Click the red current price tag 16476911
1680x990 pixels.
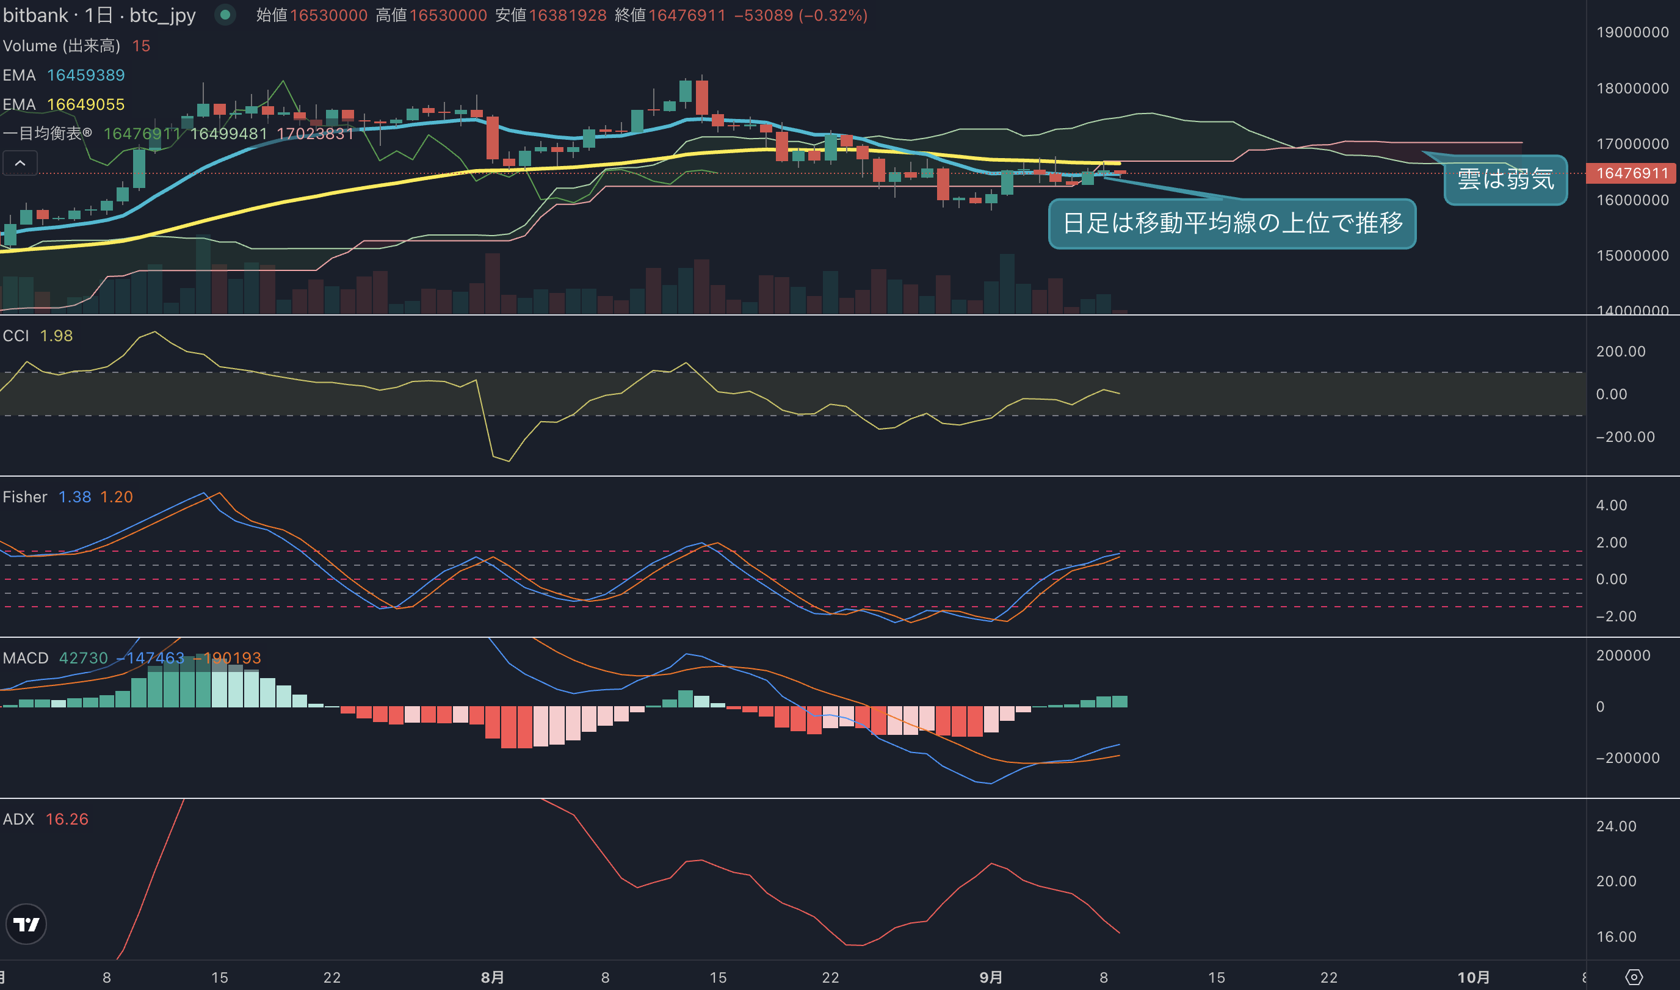(1632, 173)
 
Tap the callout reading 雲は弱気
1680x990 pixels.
(1505, 179)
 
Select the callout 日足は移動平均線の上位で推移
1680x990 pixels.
(1232, 223)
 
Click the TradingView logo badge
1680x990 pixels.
(26, 924)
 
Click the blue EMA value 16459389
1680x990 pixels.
(86, 76)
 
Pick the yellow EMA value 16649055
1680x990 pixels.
(86, 105)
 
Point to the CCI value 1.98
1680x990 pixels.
(56, 336)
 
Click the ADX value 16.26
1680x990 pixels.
(67, 819)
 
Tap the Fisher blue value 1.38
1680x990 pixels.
(74, 497)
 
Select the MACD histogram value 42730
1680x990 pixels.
(84, 659)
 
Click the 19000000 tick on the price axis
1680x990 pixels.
(1632, 32)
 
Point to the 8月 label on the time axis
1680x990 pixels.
(493, 977)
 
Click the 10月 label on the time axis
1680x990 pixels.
(1473, 977)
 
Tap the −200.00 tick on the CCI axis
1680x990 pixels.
(1625, 437)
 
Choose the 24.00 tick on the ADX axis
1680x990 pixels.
(1616, 826)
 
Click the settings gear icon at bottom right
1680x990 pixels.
(1634, 977)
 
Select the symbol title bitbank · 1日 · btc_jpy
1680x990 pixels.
(100, 15)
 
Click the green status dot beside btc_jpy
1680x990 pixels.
(225, 15)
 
